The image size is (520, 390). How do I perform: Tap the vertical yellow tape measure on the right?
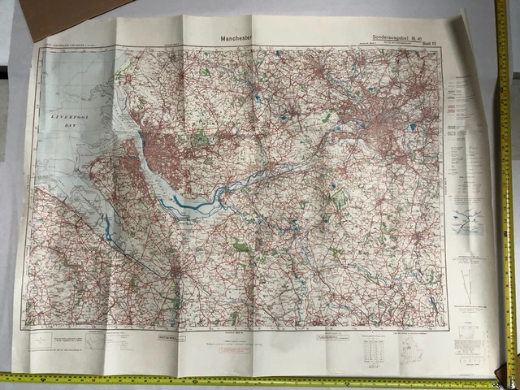[507, 179]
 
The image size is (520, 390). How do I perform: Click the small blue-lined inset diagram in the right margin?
[468, 221]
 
